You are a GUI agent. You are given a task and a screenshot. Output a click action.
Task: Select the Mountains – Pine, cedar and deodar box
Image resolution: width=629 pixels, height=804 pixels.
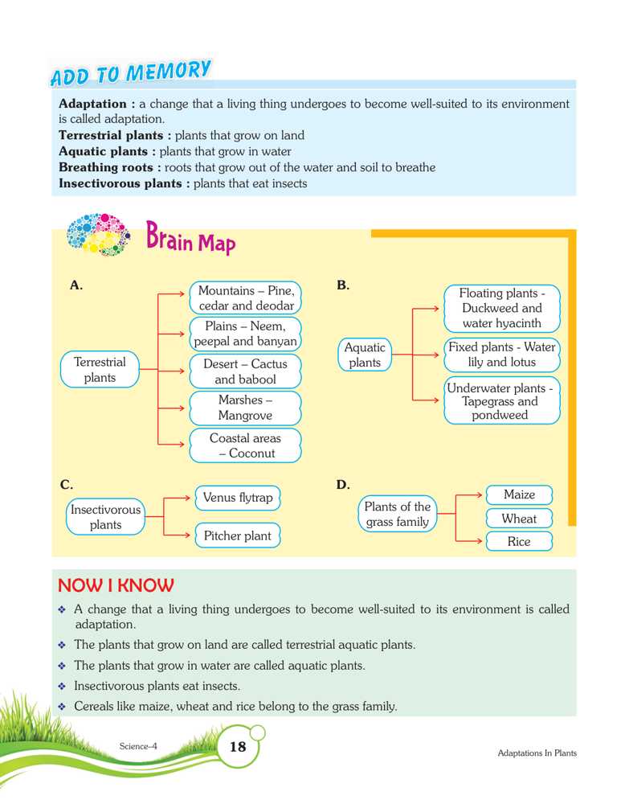point(246,297)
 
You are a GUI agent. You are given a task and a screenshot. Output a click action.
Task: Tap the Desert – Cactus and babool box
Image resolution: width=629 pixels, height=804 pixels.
point(245,371)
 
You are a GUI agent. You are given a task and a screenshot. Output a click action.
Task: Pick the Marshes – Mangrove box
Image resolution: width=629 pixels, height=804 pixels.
point(245,408)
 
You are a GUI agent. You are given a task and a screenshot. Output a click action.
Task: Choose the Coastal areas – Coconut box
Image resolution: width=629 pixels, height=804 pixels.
point(245,445)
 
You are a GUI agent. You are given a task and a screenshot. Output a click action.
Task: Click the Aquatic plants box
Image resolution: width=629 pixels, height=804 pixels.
point(365,355)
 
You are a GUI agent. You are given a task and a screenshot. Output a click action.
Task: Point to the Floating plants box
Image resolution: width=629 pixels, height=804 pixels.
point(501,308)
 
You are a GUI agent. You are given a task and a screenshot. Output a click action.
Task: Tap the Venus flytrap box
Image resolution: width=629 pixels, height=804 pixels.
point(238,498)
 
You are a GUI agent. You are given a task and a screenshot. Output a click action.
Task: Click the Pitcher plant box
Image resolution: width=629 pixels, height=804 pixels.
point(237,535)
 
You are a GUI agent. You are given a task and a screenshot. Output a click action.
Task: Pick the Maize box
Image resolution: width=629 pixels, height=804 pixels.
point(519,494)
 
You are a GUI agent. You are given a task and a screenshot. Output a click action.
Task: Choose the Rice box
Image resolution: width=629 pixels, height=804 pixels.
point(519,542)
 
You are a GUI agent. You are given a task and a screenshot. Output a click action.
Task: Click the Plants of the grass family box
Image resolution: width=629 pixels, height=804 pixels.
point(398,515)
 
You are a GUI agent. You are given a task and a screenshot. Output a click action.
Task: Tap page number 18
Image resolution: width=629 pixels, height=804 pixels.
point(238,747)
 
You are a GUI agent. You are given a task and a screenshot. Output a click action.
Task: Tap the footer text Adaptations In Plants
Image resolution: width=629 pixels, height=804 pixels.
point(537,753)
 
